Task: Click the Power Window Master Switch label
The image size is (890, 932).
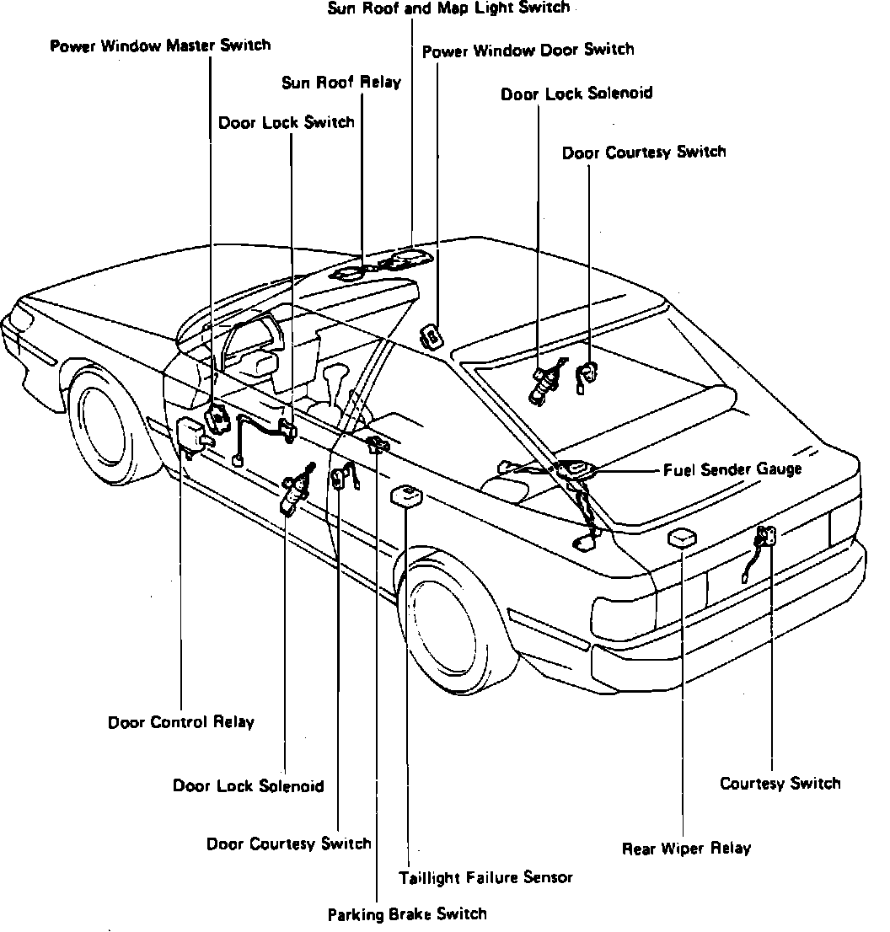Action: [160, 46]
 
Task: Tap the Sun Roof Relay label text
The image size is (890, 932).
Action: [341, 83]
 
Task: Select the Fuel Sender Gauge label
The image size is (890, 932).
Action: [732, 469]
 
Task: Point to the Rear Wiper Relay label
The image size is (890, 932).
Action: [686, 849]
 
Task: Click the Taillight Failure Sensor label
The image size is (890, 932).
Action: [485, 877]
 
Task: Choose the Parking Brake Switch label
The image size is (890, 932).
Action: [407, 913]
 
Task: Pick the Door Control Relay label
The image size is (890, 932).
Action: [180, 722]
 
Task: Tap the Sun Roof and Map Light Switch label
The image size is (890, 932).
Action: [448, 8]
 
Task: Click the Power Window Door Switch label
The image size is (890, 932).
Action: [528, 50]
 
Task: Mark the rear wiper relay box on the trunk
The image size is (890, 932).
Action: [681, 538]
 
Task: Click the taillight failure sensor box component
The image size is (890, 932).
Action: [407, 496]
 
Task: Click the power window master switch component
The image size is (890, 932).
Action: [217, 419]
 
